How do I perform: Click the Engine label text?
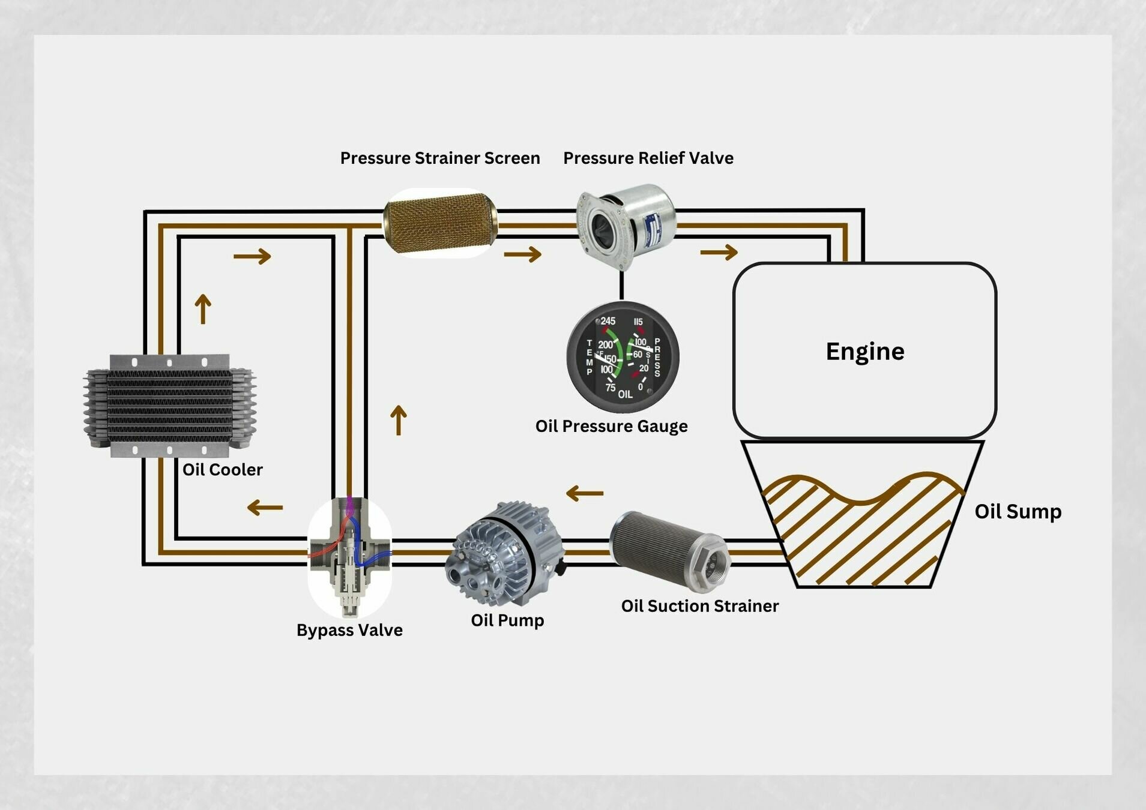coord(864,352)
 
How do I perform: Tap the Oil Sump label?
coord(1018,512)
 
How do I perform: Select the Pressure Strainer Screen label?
coord(440,158)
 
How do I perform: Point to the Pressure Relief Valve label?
coord(648,158)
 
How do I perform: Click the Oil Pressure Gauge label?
coord(611,427)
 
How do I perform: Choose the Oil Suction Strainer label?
coord(699,606)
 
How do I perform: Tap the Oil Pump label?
coord(507,620)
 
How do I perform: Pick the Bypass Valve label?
coord(349,630)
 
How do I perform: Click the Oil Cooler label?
coord(222,470)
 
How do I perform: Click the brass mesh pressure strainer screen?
coord(440,223)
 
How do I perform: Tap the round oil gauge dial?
coord(623,358)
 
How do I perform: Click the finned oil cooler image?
coord(170,406)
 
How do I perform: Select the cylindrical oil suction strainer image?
coord(669,549)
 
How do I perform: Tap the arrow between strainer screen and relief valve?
coord(522,254)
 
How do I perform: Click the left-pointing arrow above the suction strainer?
coord(584,494)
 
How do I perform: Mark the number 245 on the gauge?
coord(608,322)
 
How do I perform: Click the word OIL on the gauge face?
coord(625,395)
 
